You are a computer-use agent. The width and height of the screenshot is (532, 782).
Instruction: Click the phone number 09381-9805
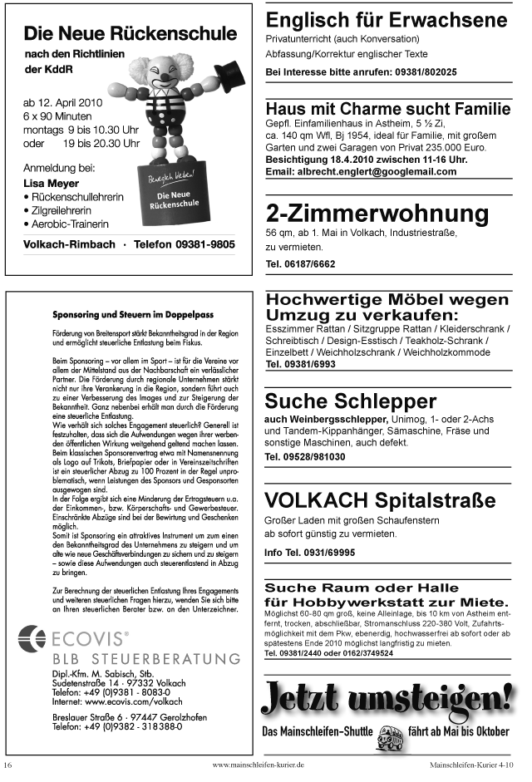pos(200,245)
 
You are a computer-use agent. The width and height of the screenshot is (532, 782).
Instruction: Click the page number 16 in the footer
pos(8,764)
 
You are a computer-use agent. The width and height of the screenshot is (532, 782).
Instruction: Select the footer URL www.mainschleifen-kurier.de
pos(259,764)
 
